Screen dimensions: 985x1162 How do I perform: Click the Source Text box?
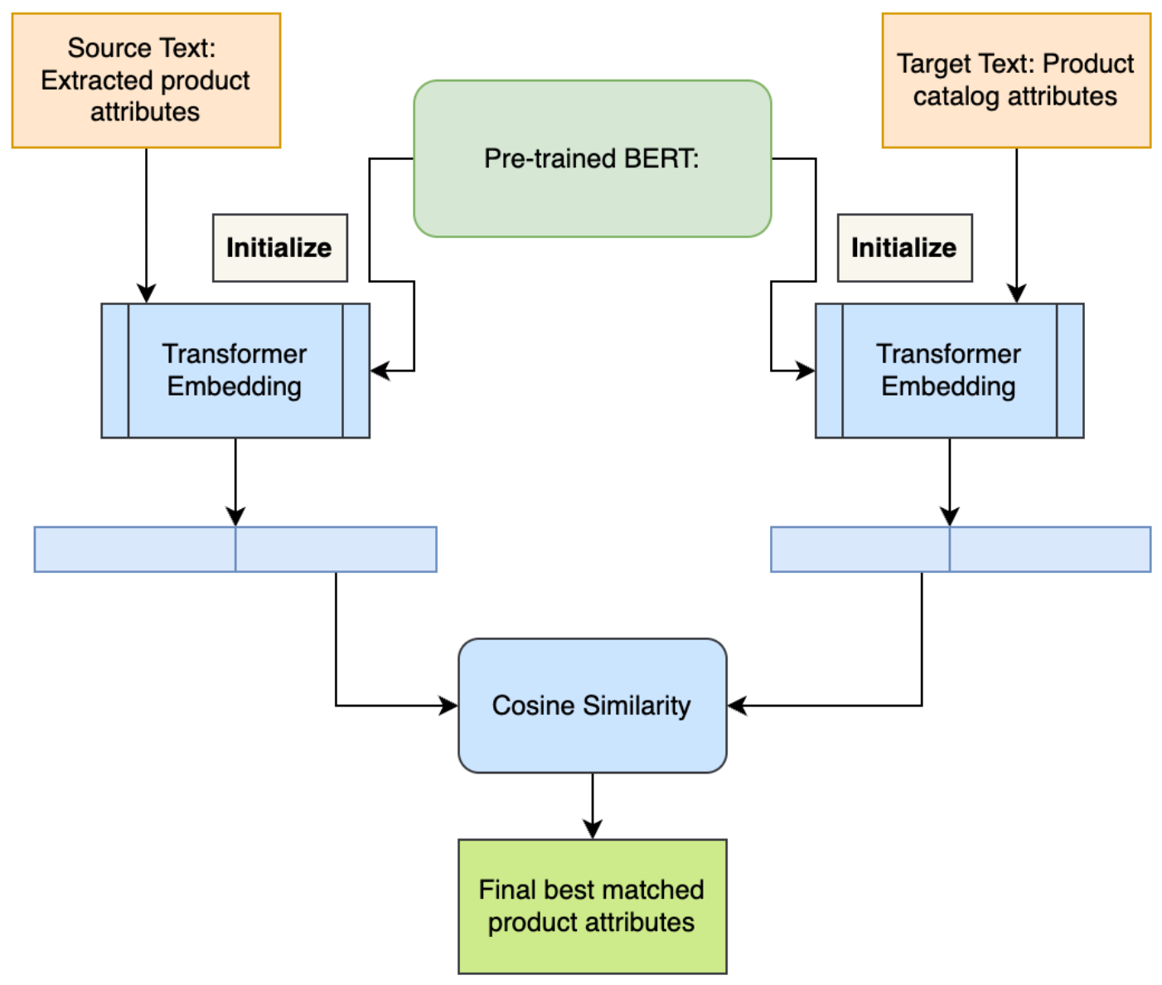coord(146,80)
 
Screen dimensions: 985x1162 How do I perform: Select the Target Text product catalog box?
coord(1015,80)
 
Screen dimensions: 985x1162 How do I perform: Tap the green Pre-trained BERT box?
coord(592,158)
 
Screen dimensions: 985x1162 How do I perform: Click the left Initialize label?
coord(279,248)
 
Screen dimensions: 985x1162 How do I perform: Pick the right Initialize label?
coord(904,248)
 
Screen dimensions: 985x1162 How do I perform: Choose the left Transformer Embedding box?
coord(235,371)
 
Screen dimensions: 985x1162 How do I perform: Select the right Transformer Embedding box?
coord(949,371)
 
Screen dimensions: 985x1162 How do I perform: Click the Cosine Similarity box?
coord(592,706)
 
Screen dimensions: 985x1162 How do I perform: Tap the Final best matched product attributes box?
coord(592,906)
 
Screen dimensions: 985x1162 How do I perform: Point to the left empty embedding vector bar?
coord(235,549)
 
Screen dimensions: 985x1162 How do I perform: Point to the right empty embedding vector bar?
coord(960,549)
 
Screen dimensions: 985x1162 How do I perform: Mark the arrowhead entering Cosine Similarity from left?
coord(448,706)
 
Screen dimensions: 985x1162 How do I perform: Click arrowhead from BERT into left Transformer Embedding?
coord(380,371)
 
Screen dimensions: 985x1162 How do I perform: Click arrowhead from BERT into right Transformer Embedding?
coord(805,371)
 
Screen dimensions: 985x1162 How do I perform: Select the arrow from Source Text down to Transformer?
coord(146,224)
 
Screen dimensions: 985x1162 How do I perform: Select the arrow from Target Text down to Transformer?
coord(1016,224)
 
